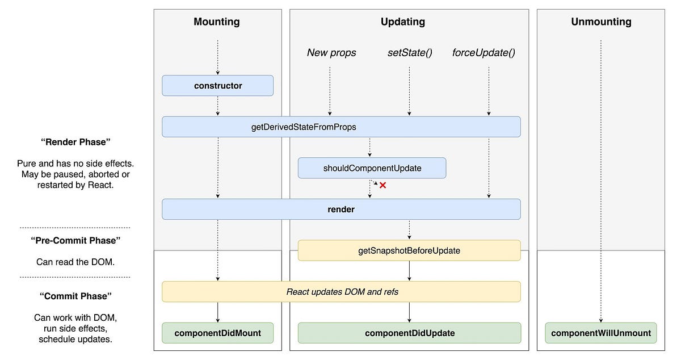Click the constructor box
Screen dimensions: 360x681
[x=218, y=86]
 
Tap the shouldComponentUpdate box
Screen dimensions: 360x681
[x=372, y=168]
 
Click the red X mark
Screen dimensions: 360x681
[x=382, y=185]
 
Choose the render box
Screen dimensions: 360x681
[x=341, y=209]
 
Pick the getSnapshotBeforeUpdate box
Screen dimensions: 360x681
[x=409, y=250]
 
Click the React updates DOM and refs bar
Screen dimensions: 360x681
[x=341, y=291]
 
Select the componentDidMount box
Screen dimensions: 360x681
[x=218, y=333]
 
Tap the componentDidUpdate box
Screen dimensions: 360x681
[x=409, y=333]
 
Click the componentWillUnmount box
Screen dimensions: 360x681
[x=601, y=333]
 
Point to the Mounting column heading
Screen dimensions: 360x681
[x=217, y=22]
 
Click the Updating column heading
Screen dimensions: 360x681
[x=402, y=22]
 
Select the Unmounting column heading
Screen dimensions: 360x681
[x=601, y=22]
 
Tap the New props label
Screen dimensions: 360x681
[x=331, y=53]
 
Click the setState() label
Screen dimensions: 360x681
[x=409, y=53]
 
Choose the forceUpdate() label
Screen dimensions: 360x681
[x=484, y=53]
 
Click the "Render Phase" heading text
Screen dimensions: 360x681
[x=75, y=142]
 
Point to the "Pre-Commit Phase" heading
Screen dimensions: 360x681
[x=75, y=240]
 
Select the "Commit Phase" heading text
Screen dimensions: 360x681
[x=75, y=296]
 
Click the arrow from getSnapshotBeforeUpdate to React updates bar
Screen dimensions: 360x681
[x=409, y=271]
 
